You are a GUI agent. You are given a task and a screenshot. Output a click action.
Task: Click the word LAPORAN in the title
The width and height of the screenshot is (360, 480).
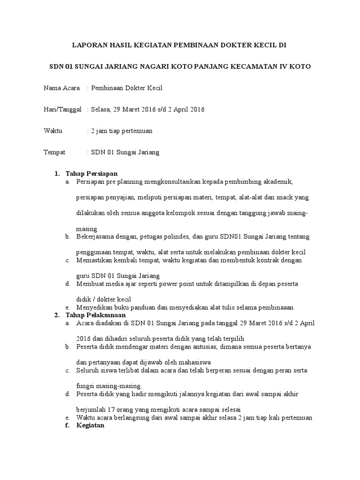(x=86, y=45)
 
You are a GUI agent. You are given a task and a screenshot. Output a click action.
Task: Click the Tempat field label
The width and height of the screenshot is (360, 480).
(x=54, y=152)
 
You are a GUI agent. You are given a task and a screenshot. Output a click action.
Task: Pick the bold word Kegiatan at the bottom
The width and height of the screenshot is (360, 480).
(x=90, y=426)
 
